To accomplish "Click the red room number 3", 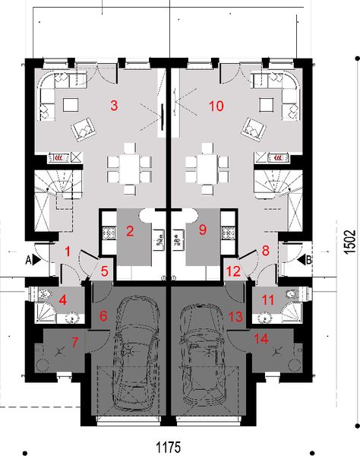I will (x=114, y=106).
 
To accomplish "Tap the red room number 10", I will (x=216, y=106).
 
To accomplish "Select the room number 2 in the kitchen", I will (x=130, y=231).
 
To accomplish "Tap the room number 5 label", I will (x=106, y=270).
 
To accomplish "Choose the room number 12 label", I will (x=235, y=270).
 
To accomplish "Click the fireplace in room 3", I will (x=61, y=158).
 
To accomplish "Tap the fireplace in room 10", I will (x=273, y=158).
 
